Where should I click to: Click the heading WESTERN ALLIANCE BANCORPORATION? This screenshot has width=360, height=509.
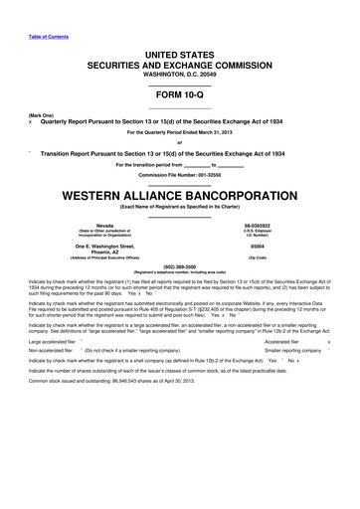pos(180,195)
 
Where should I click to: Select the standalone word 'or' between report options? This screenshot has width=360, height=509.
pos(180,139)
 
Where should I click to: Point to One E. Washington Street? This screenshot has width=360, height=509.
pos(104,245)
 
